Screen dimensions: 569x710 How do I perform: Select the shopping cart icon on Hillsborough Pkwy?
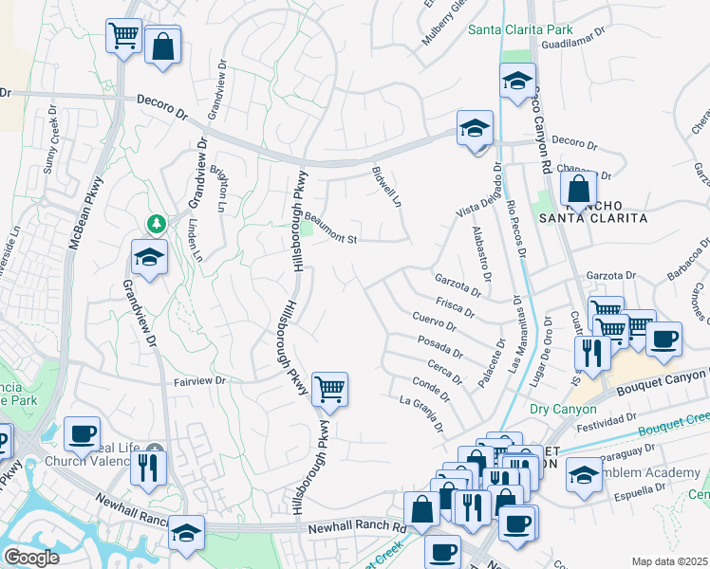(x=329, y=389)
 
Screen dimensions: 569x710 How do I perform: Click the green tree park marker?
(x=155, y=224)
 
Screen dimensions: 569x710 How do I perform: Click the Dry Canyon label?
(x=563, y=410)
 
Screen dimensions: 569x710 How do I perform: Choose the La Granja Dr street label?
(x=420, y=414)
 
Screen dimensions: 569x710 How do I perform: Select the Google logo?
(x=31, y=558)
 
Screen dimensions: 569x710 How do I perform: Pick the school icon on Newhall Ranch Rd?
(x=187, y=534)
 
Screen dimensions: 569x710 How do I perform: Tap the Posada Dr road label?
(x=439, y=346)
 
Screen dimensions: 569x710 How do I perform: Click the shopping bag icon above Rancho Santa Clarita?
(x=578, y=189)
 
